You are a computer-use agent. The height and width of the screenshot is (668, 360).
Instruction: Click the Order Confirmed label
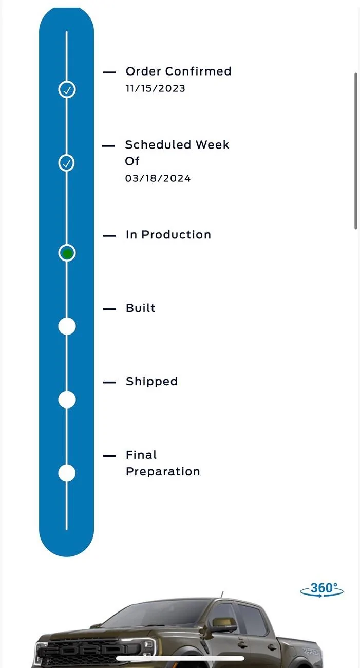(x=178, y=71)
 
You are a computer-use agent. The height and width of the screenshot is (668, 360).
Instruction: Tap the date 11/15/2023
(x=155, y=88)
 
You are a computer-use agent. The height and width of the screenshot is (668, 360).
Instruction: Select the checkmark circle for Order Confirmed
(x=67, y=89)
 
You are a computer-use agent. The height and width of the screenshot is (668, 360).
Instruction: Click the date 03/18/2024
(x=158, y=178)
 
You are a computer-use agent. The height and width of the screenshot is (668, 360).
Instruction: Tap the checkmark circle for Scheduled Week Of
(x=66, y=163)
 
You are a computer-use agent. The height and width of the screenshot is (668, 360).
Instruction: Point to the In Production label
(x=168, y=235)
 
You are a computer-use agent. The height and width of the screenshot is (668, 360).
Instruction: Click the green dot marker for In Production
(x=67, y=253)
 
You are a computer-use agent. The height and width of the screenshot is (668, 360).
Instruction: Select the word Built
(x=140, y=308)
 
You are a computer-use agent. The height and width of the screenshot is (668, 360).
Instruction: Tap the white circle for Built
(x=67, y=326)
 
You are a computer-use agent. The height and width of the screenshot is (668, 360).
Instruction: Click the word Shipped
(x=151, y=382)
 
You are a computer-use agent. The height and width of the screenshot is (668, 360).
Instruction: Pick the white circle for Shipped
(x=67, y=400)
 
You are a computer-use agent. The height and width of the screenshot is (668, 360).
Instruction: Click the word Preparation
(x=163, y=472)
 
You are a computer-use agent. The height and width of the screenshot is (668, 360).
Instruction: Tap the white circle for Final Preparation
(x=67, y=473)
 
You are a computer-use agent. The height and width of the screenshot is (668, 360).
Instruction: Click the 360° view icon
(x=322, y=589)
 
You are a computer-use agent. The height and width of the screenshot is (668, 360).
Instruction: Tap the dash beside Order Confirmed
(x=109, y=72)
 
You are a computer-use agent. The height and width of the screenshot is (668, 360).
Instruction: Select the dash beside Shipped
(x=109, y=383)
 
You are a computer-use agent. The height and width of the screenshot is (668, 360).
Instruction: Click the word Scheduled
(x=158, y=145)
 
